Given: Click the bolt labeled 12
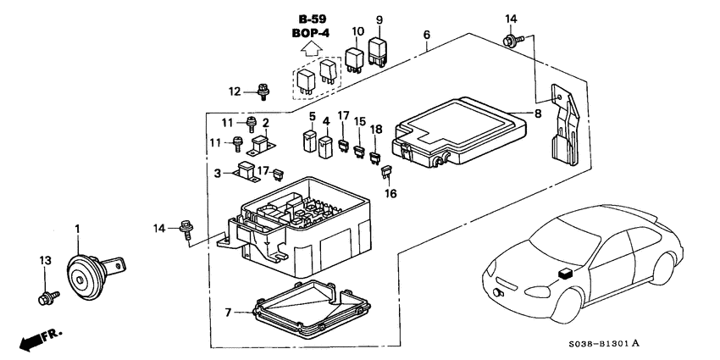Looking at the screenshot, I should click(x=264, y=91).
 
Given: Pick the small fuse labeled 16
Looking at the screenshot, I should click(x=387, y=173).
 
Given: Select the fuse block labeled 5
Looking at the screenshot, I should click(x=311, y=141).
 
